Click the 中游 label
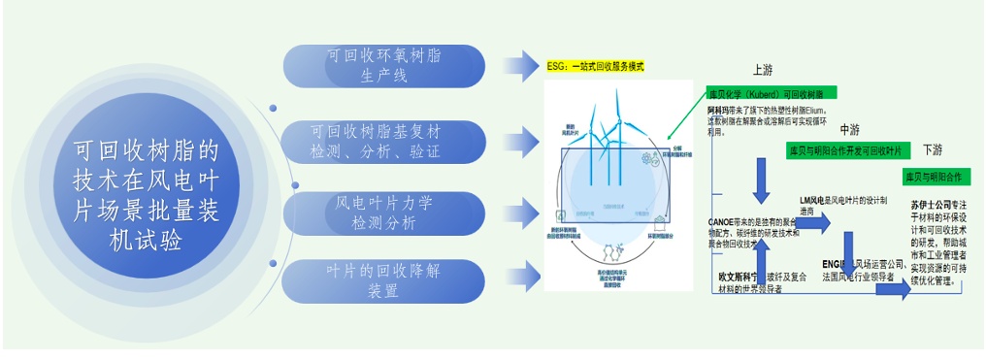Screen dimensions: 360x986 tap(849, 128)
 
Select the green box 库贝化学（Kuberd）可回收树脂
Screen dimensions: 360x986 tap(766, 94)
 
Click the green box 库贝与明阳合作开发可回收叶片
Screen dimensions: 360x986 tap(845, 151)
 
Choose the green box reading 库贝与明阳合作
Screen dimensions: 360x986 tap(937, 178)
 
